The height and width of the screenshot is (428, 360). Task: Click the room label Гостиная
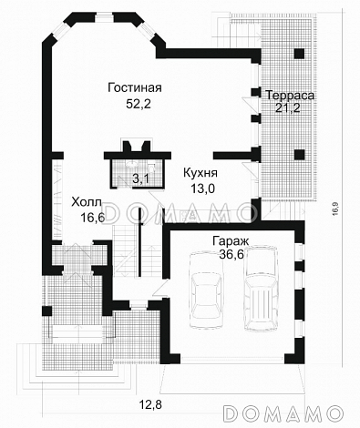(134, 88)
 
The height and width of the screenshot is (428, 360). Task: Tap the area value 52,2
(134, 106)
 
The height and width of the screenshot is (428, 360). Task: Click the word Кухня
(200, 171)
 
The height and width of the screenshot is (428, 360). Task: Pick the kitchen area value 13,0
(200, 188)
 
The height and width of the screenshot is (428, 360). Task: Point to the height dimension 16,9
(335, 208)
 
